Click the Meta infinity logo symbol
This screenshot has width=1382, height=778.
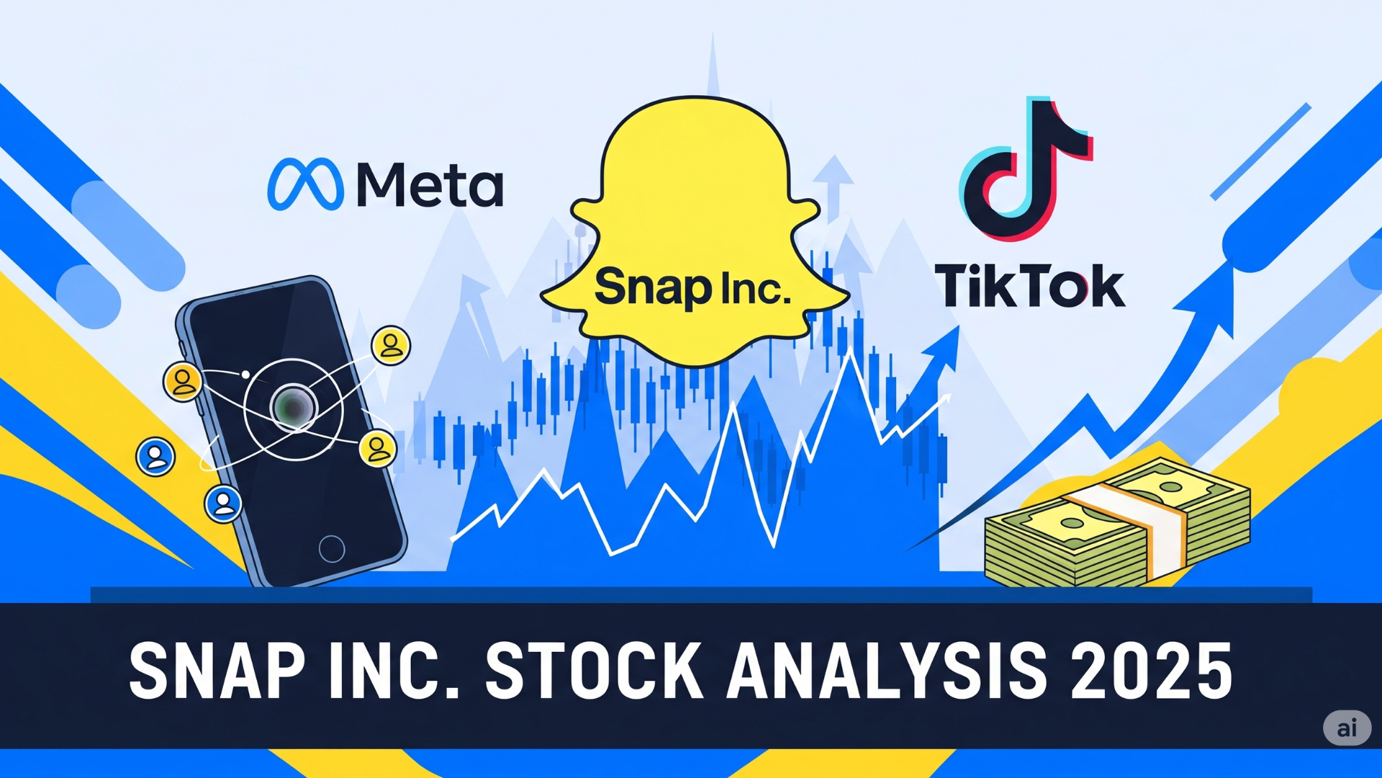(x=305, y=184)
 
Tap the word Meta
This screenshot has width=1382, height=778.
(x=430, y=185)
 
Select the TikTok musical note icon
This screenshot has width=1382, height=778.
(x=1025, y=170)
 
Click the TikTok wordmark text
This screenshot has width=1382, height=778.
(x=1029, y=286)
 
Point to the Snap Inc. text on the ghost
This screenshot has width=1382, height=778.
(x=692, y=287)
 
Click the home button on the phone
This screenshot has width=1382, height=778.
(x=332, y=548)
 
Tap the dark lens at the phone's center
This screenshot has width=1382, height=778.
(x=293, y=408)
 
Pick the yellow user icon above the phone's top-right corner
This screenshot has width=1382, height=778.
(x=391, y=346)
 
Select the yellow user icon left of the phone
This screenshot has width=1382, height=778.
(x=183, y=382)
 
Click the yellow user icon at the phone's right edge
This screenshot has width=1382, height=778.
(x=378, y=448)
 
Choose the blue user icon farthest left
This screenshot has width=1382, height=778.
(x=155, y=457)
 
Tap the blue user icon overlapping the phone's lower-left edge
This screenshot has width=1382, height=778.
(x=223, y=503)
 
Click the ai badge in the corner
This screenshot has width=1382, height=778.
(x=1346, y=728)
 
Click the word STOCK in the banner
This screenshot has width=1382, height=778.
(x=595, y=671)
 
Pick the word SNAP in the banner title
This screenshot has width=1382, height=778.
(x=217, y=671)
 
